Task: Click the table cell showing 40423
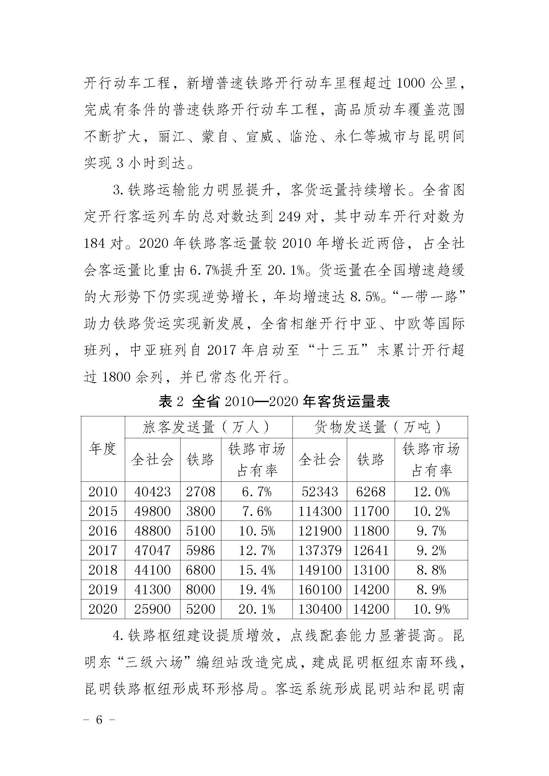[152, 492]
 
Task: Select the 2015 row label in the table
[103, 511]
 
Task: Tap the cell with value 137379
[319, 551]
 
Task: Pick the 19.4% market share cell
[257, 590]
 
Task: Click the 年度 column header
[103, 449]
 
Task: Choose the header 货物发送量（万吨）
[380, 428]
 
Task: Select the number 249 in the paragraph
[290, 217]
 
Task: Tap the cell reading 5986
[200, 551]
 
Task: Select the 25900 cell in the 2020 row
[152, 609]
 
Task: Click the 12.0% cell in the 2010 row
[431, 492]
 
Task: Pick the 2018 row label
[103, 570]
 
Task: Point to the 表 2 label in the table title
[171, 401]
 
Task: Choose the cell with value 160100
[319, 590]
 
